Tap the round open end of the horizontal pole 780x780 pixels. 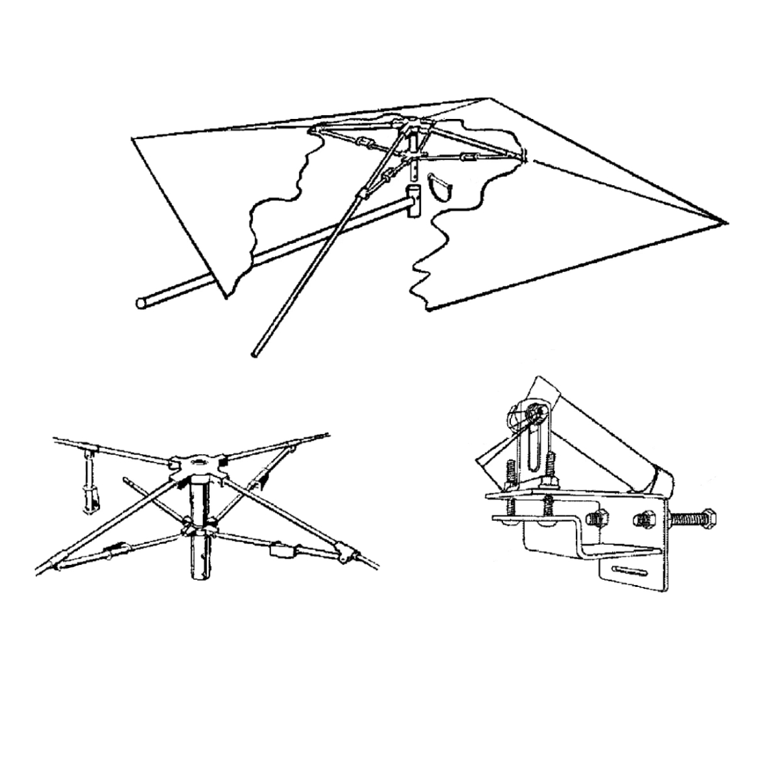point(141,302)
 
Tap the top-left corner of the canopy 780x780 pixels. point(134,138)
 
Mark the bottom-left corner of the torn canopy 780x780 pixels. point(224,296)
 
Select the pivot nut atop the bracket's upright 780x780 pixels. point(538,411)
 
